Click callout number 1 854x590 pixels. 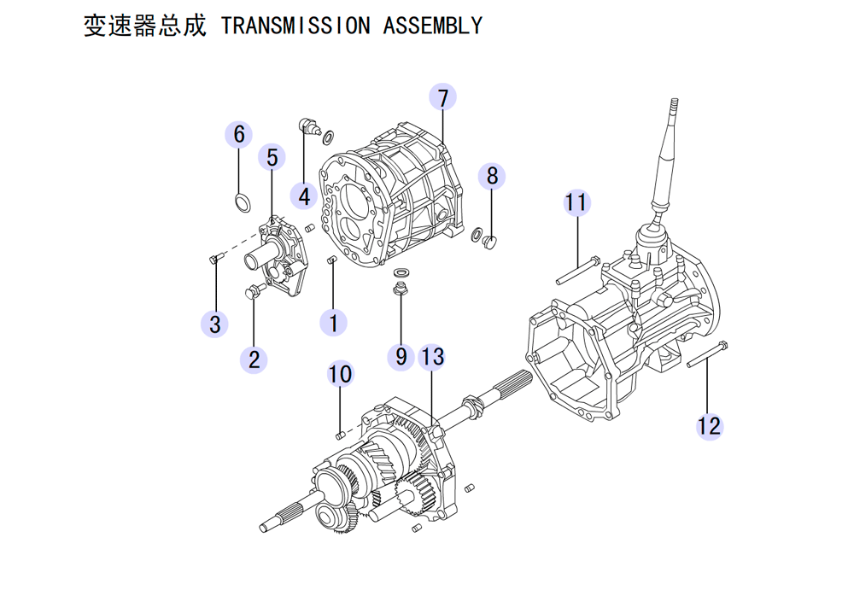point(333,323)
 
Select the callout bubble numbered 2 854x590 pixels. point(254,359)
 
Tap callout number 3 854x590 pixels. point(214,324)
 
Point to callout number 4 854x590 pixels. point(303,196)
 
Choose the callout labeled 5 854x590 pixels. point(272,158)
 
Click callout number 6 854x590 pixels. point(239,134)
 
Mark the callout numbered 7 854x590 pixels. point(442,97)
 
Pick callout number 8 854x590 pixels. point(492,176)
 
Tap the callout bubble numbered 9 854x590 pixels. point(401,356)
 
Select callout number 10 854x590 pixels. point(340,374)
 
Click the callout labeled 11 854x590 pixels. point(576,203)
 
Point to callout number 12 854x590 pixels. point(709,424)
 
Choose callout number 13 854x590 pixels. point(432,356)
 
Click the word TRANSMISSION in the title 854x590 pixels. point(295,26)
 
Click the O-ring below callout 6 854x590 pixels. point(243,202)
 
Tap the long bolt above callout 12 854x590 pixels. point(708,355)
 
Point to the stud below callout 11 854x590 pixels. point(579,271)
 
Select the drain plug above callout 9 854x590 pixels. point(400,289)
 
